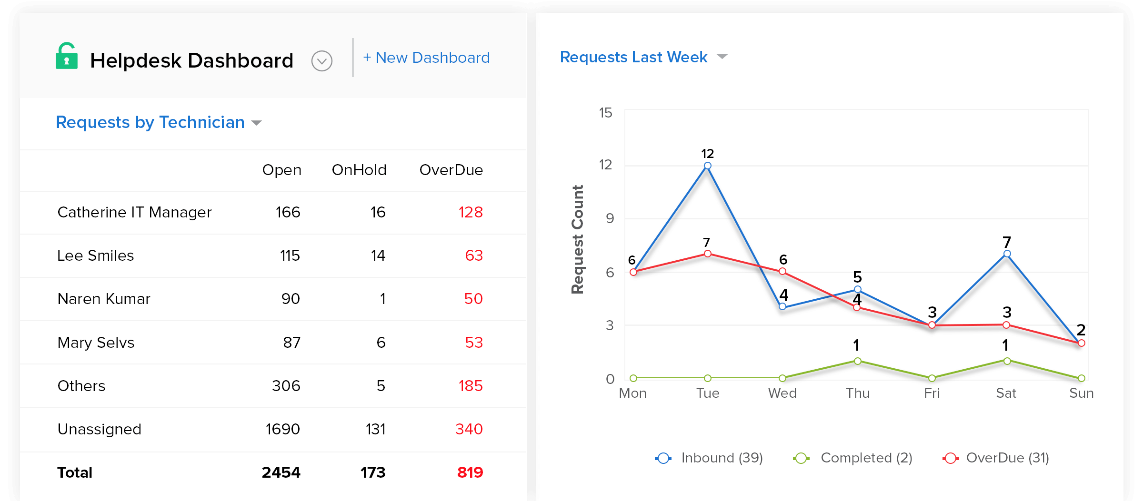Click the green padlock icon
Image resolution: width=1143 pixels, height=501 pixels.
pos(67,57)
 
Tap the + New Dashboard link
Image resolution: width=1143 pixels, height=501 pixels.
pos(426,58)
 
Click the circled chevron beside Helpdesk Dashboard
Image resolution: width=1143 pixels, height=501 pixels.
pos(322,61)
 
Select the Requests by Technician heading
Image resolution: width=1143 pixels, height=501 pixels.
pos(150,122)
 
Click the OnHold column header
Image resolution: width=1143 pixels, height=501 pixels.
pos(359,170)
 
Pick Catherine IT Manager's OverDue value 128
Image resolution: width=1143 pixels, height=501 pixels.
pos(471,212)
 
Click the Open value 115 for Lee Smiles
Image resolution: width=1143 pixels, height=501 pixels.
pos(290,255)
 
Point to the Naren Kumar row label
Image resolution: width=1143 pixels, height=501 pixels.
pos(104,299)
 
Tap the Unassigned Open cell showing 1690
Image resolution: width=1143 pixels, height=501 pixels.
pos(282,429)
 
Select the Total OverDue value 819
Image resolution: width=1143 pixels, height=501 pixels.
pos(470,472)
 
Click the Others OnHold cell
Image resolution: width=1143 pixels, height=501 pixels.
pos(381,386)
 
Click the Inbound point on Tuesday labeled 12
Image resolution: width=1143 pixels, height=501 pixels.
pos(708,166)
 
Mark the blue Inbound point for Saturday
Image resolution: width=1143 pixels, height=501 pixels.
pos(1007,254)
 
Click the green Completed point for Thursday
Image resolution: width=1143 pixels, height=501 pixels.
pos(857,361)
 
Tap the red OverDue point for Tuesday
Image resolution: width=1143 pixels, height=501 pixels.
pos(708,254)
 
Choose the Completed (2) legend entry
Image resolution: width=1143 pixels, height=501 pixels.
pos(852,458)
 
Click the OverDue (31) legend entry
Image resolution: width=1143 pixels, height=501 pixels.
pos(996,458)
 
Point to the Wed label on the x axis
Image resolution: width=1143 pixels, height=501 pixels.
pos(782,393)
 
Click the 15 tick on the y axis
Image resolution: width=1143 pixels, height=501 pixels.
pos(605,113)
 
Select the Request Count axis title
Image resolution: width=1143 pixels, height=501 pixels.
pos(577,239)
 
